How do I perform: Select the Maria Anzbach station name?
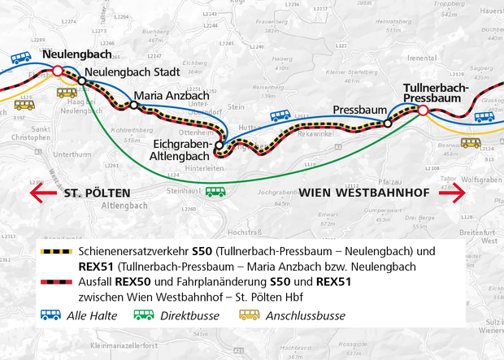coord(171,95)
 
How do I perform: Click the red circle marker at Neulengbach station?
coord(57,72)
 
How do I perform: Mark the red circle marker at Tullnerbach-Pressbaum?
coord(423,109)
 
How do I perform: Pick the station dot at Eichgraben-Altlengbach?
coord(219,146)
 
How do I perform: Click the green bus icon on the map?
coord(215,192)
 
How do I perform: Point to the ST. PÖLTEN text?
coord(96,193)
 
